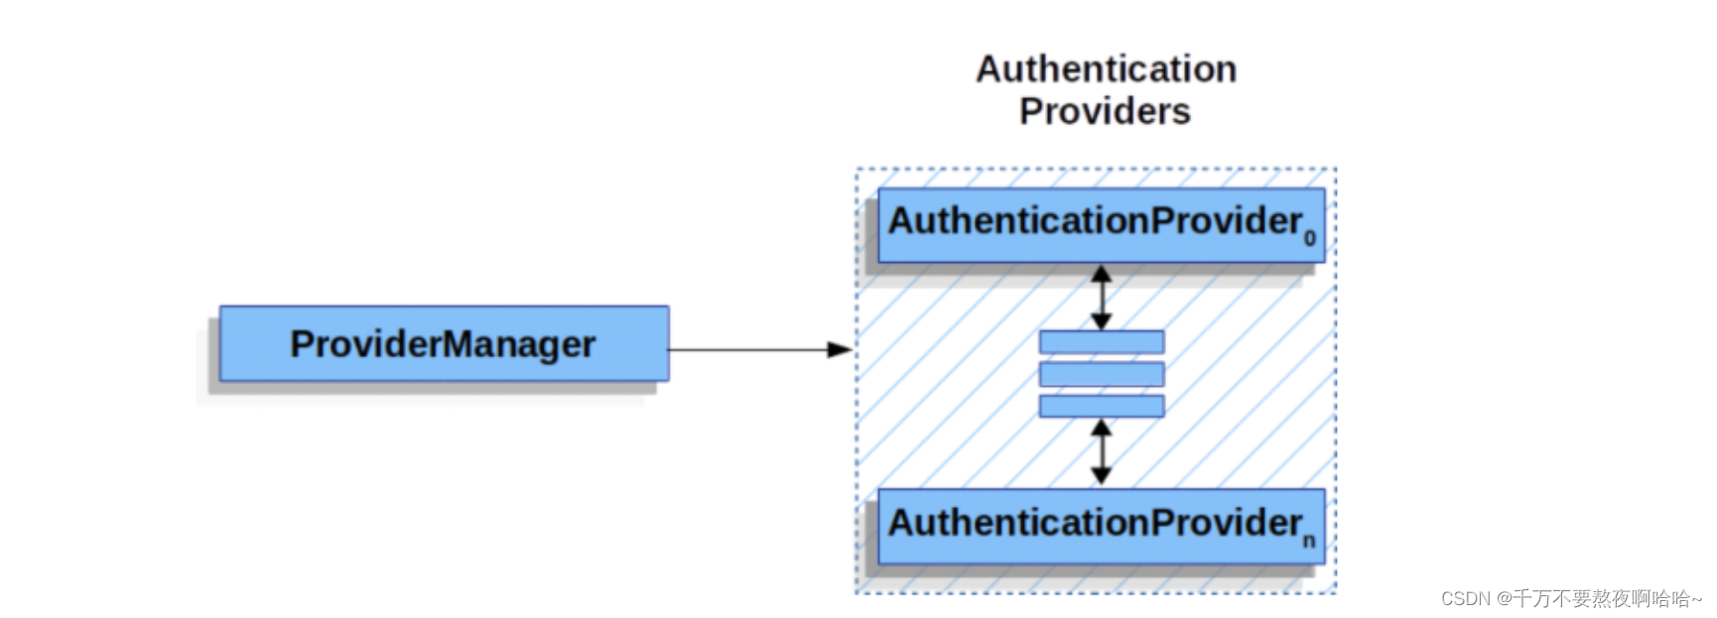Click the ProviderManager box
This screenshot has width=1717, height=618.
pos(444,343)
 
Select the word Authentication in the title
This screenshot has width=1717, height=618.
pos(1106,69)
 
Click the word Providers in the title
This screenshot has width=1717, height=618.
pos(1104,111)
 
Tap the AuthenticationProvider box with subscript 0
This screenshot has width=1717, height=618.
pos(1100,225)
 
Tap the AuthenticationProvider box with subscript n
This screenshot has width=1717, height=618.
pos(1100,526)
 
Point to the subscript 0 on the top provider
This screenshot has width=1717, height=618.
pos(1309,239)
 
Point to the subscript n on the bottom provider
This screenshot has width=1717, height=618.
pos(1308,541)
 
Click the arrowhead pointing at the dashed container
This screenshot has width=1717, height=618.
pos(840,349)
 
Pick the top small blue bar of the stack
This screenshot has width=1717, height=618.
pos(1101,342)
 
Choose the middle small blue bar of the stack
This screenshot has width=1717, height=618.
pos(1101,374)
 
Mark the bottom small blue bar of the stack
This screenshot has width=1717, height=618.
pos(1101,406)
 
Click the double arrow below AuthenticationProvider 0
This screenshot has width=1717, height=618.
pos(1101,297)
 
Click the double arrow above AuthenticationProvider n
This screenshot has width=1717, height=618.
pos(1101,452)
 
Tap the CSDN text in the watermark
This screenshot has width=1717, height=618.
pos(1465,599)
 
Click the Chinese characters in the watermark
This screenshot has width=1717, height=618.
pos(1607,599)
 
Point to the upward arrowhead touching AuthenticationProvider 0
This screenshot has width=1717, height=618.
pos(1101,273)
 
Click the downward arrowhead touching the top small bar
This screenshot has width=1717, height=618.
pos(1101,320)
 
